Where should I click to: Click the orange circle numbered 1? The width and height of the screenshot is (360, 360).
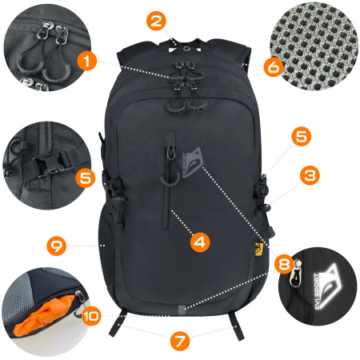coord(88,59)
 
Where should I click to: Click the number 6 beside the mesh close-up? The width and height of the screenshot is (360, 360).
coord(273,67)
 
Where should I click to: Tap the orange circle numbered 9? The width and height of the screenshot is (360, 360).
coord(56,245)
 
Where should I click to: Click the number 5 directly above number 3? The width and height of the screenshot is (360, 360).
coord(300,137)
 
